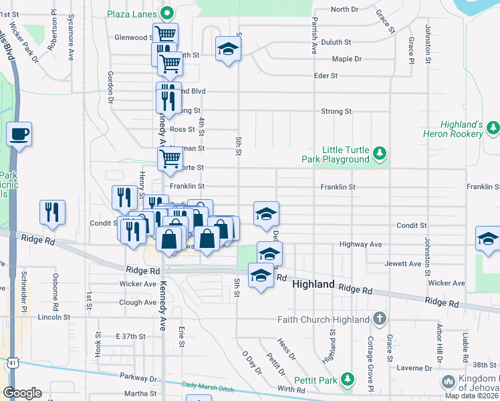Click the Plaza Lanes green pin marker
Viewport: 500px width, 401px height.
(168, 13)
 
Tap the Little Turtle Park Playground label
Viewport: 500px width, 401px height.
(346, 154)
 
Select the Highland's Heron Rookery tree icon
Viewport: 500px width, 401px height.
(493, 127)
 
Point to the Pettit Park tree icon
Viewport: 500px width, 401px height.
(347, 380)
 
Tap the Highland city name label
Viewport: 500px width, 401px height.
(314, 285)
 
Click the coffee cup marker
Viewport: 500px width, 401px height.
(19, 132)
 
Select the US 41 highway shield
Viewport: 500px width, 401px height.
(13, 362)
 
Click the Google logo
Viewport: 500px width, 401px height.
(22, 393)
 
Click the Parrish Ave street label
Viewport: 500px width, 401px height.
(312, 37)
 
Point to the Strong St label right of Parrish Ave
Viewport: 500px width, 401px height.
(336, 111)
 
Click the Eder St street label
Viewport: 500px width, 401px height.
(326, 76)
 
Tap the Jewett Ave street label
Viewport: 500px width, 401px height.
(402, 264)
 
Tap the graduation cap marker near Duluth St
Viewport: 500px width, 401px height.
(228, 48)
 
